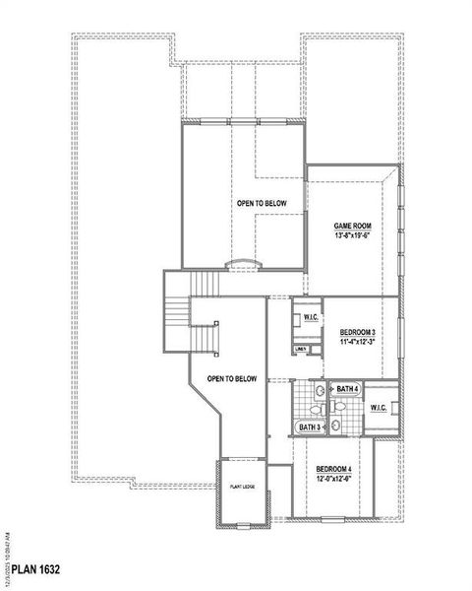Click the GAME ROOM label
351,226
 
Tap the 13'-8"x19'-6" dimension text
351,235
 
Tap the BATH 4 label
347,390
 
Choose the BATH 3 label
310,427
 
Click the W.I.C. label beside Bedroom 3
309,317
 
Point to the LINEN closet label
301,350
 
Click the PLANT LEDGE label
243,487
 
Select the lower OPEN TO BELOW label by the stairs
232,378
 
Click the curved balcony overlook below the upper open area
242,263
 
